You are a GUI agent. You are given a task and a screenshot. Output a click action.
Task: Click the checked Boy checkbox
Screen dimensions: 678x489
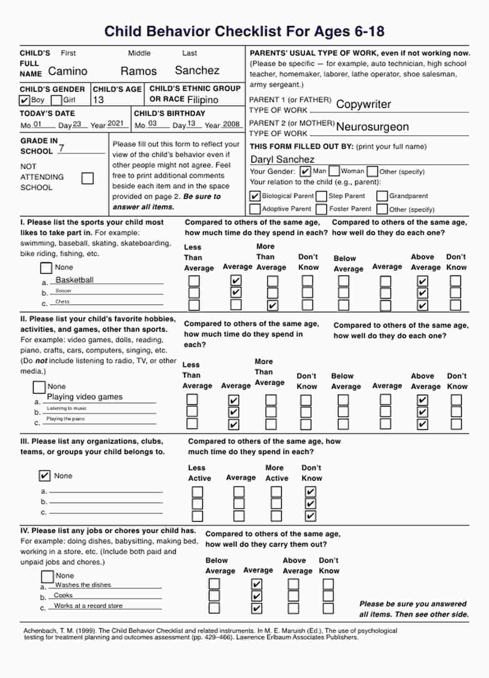(x=25, y=100)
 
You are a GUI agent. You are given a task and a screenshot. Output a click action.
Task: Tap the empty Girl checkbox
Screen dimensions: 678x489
(x=56, y=100)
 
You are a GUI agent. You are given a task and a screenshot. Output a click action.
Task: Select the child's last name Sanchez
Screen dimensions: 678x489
(x=197, y=70)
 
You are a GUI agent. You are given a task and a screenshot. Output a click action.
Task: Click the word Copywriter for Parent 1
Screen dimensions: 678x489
(x=363, y=104)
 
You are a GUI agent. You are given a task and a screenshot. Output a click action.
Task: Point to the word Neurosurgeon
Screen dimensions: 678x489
(x=372, y=126)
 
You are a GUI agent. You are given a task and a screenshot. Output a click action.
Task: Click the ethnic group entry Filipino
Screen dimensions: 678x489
(x=203, y=100)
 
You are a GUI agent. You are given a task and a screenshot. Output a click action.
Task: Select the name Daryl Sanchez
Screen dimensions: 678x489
(x=282, y=159)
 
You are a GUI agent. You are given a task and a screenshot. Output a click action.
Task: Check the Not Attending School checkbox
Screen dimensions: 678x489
(x=88, y=178)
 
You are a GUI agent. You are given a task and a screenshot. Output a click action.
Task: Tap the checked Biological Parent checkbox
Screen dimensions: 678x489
(x=255, y=196)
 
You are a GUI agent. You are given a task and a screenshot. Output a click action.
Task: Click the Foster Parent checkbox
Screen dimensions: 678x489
(x=321, y=209)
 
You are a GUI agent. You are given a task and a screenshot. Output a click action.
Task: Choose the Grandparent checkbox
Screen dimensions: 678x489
(x=382, y=196)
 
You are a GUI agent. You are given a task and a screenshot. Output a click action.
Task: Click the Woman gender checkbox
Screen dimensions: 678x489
(x=334, y=171)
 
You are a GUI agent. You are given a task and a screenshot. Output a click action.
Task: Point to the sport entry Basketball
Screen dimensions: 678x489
(x=74, y=280)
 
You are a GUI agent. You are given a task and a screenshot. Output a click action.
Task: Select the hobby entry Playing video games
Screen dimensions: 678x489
(x=85, y=397)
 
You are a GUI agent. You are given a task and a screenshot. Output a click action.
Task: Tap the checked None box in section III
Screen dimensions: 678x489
(x=44, y=475)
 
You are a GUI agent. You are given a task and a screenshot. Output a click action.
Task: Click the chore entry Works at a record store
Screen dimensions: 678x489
(x=88, y=606)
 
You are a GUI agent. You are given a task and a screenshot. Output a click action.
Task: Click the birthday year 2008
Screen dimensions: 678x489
(x=231, y=124)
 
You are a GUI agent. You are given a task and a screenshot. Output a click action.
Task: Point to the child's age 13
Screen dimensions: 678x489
(x=99, y=100)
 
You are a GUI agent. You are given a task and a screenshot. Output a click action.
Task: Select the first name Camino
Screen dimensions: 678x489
(x=68, y=71)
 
